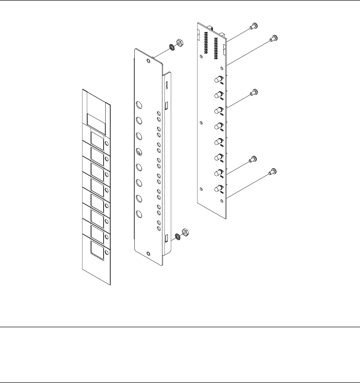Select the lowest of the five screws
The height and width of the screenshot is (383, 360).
point(272,172)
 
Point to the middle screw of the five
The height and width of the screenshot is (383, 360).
point(254,92)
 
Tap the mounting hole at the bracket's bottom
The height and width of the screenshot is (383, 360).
point(149,253)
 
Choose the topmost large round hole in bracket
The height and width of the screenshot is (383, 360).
point(139,105)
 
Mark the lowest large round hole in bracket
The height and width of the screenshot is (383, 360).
point(139,214)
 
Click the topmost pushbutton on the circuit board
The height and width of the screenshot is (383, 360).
point(218,79)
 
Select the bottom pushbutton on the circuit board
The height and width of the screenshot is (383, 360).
point(218,189)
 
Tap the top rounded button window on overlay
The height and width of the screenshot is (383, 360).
point(97,140)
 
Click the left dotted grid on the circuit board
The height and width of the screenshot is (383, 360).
point(204,45)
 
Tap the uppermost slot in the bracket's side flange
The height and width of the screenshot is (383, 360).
point(167,86)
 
